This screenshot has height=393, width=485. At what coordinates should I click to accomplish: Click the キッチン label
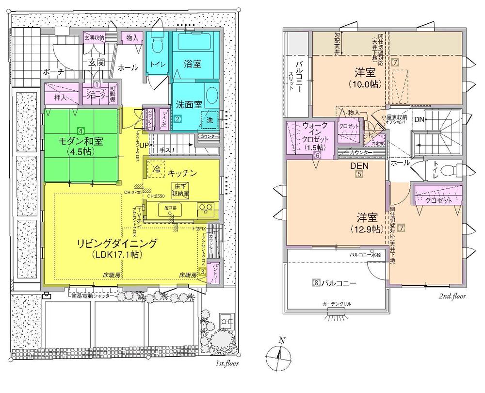coord(182,172)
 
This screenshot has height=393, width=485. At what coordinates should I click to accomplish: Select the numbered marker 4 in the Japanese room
coord(81,131)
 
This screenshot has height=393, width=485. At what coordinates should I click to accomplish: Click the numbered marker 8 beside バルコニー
coord(315,282)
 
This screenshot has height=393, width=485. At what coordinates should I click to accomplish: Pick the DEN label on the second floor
coord(359,165)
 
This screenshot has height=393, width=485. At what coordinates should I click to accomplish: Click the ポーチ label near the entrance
coord(54,71)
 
